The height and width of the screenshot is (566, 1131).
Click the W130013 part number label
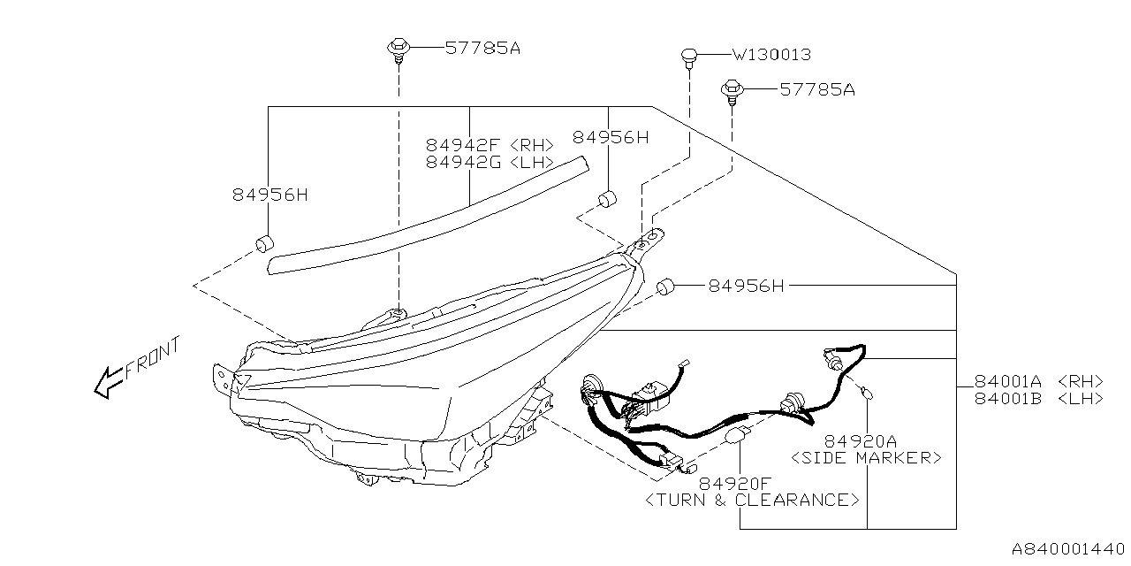[771, 55]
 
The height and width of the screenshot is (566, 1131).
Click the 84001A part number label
[1007, 381]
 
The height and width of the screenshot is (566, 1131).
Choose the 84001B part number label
[1007, 398]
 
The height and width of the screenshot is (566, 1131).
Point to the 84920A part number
[861, 440]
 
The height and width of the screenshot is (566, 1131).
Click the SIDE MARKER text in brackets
[866, 457]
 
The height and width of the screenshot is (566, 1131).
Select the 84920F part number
[734, 483]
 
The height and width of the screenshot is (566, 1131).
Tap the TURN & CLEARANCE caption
[752, 500]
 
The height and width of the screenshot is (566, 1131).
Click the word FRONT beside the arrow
[153, 358]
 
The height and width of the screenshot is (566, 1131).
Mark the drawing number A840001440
[1067, 547]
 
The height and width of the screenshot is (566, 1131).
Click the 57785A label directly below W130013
[816, 89]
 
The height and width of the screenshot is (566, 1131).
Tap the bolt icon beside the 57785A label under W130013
[732, 88]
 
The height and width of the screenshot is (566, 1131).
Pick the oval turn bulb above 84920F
[736, 435]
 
